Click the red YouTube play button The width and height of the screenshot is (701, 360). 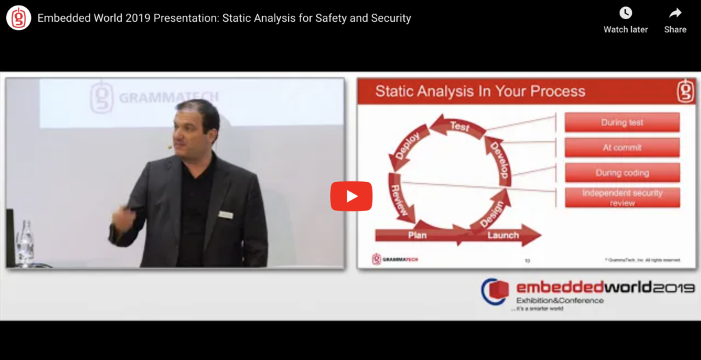point(351,196)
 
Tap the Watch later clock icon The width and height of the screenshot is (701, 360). point(626,13)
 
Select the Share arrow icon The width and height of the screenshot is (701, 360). point(675,13)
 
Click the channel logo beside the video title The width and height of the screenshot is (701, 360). point(18,18)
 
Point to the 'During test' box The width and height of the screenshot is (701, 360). point(622,123)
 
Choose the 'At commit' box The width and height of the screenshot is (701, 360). point(622,147)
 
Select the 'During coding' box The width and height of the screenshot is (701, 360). point(622,172)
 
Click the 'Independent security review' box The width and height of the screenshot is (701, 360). point(622,198)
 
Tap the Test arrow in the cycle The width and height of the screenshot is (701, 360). point(458,125)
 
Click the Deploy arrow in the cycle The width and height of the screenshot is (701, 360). point(407,146)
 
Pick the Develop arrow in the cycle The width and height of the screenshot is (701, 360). point(499,161)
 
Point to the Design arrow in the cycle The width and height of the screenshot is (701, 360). point(492,214)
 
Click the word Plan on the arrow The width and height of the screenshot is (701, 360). point(417,235)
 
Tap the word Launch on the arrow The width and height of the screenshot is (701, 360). point(503,235)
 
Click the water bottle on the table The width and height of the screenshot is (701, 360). point(25,243)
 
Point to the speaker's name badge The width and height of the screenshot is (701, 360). point(225,214)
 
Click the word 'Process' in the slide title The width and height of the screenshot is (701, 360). point(550,91)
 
